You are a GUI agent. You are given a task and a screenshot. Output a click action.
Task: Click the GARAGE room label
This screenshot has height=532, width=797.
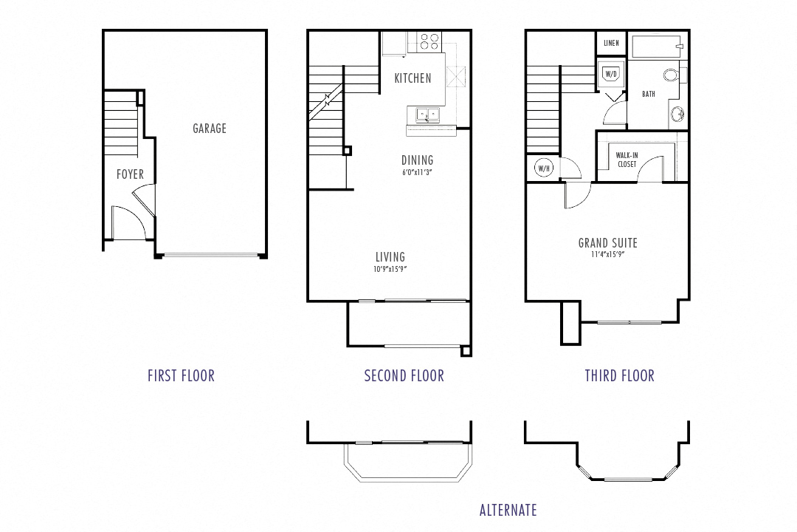(x=210, y=129)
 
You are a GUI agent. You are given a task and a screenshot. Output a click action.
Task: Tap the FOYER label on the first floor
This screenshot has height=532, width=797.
(x=130, y=175)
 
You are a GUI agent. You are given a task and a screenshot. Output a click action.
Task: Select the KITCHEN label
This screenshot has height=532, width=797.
(x=413, y=78)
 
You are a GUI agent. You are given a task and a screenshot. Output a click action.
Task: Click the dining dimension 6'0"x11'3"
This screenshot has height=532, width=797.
(x=418, y=173)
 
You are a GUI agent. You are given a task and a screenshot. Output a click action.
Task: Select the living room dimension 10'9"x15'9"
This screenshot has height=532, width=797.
(x=390, y=270)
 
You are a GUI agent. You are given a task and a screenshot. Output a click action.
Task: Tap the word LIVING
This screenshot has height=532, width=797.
(x=390, y=257)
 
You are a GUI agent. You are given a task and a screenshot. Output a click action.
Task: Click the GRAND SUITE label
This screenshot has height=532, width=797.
(x=607, y=243)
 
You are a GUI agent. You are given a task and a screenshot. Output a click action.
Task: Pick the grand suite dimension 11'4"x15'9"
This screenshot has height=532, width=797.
(x=607, y=256)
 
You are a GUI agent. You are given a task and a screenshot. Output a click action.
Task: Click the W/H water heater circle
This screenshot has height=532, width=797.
(x=544, y=168)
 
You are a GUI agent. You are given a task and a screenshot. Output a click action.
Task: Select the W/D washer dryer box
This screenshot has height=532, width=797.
(x=610, y=74)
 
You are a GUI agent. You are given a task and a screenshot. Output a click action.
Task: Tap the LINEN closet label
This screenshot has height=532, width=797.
(x=611, y=44)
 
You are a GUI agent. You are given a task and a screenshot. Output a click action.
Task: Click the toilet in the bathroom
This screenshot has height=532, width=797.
(x=672, y=74)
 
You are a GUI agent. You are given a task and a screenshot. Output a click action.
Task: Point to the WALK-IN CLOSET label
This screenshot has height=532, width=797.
(x=627, y=160)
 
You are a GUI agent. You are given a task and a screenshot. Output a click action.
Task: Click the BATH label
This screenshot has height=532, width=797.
(x=648, y=95)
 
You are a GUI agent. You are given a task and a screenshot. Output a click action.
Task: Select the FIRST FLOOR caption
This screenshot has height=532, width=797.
(x=181, y=376)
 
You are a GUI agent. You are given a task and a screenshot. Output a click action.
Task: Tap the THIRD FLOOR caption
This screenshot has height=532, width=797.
(x=619, y=376)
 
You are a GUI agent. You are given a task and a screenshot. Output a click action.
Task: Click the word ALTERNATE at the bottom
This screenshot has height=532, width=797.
(x=508, y=510)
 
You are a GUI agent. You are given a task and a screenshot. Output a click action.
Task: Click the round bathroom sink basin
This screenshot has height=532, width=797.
(x=676, y=115)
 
